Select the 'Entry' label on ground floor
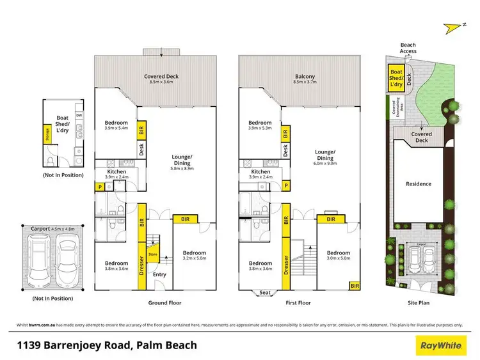pyautogui.click(x=161, y=275)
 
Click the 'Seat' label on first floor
pyautogui.click(x=264, y=293)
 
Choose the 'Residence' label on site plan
pyautogui.click(x=419, y=184)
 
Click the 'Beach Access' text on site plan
pyautogui.click(x=408, y=48)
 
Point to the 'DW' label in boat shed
pyautogui.click(x=78, y=115)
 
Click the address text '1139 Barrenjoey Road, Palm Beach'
pyautogui.click(x=106, y=346)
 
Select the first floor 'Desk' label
pyautogui.click(x=285, y=150)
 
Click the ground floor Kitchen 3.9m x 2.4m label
pyautogui.click(x=116, y=175)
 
